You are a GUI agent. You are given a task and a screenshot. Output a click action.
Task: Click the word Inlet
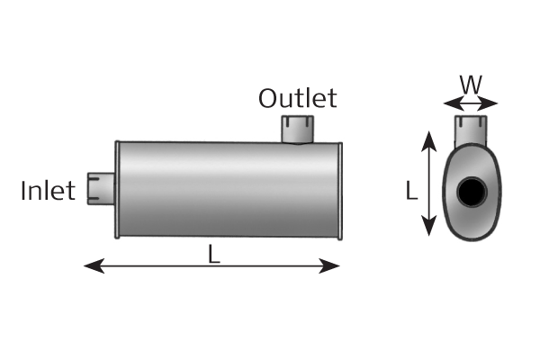(48, 191)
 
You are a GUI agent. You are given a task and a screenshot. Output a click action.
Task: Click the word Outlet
(297, 98)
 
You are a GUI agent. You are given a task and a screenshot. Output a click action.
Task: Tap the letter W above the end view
(470, 85)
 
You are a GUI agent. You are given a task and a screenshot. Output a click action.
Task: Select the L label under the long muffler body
(213, 255)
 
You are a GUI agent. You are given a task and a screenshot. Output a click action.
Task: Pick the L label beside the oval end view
(410, 191)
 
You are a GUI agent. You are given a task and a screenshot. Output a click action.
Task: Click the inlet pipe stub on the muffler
(100, 189)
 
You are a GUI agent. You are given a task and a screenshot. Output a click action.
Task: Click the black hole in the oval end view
(471, 192)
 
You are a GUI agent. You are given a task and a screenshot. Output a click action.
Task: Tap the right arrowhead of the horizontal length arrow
(336, 265)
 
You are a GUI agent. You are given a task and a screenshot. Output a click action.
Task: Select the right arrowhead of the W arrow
(492, 103)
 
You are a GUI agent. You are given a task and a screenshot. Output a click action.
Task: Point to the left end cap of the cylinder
(118, 189)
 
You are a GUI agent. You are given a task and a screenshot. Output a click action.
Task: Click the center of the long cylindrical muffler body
(228, 189)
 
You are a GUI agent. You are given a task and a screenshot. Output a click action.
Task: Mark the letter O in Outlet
(267, 98)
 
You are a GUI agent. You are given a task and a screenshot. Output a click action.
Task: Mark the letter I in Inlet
(23, 191)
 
